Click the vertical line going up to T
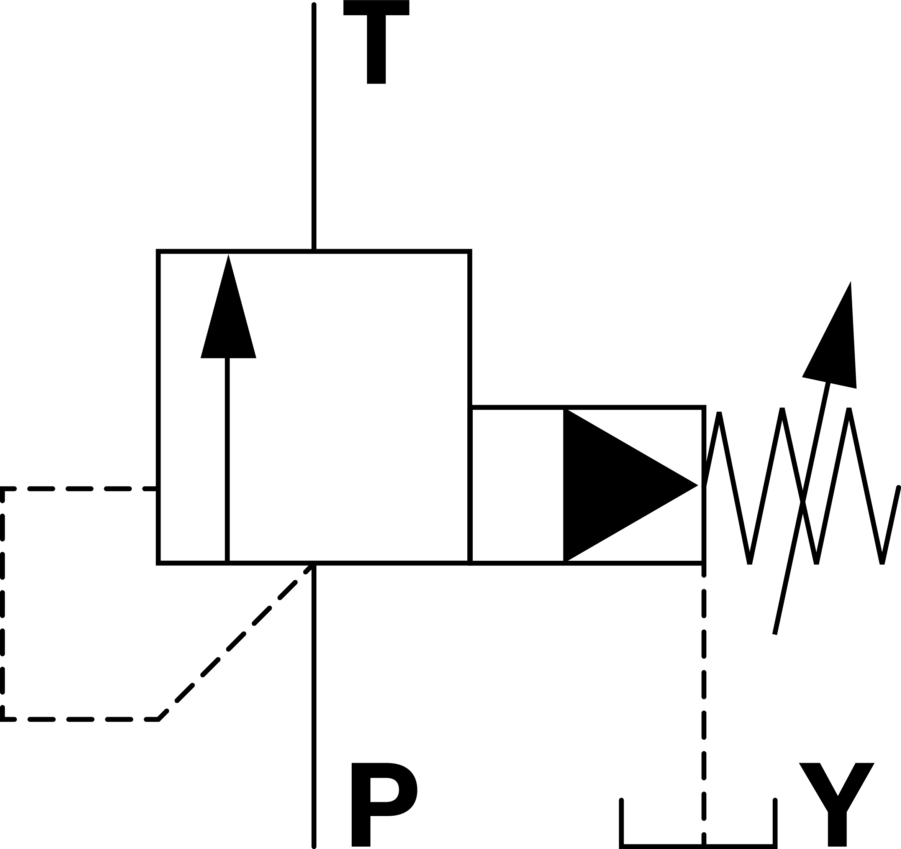pyautogui.click(x=314, y=127)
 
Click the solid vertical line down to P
pyautogui.click(x=314, y=703)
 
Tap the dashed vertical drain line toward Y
pyautogui.click(x=704, y=680)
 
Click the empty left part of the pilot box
pyautogui.click(x=517, y=485)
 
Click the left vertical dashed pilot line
pyautogui.click(x=2, y=603)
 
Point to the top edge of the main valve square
pyautogui.click(x=385, y=251)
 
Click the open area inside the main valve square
pyautogui.click(x=349, y=408)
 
